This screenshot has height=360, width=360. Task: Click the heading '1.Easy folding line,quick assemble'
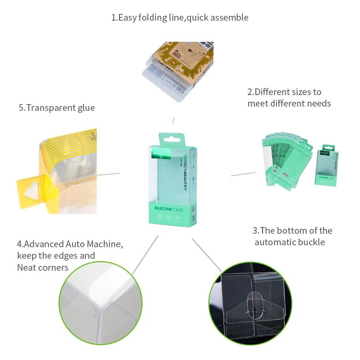click(180, 18)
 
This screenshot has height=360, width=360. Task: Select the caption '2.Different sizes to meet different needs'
click(289, 97)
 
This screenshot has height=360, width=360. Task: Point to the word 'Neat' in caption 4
click(28, 267)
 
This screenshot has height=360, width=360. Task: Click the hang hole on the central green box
click(173, 139)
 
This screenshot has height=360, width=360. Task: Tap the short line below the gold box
click(173, 120)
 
